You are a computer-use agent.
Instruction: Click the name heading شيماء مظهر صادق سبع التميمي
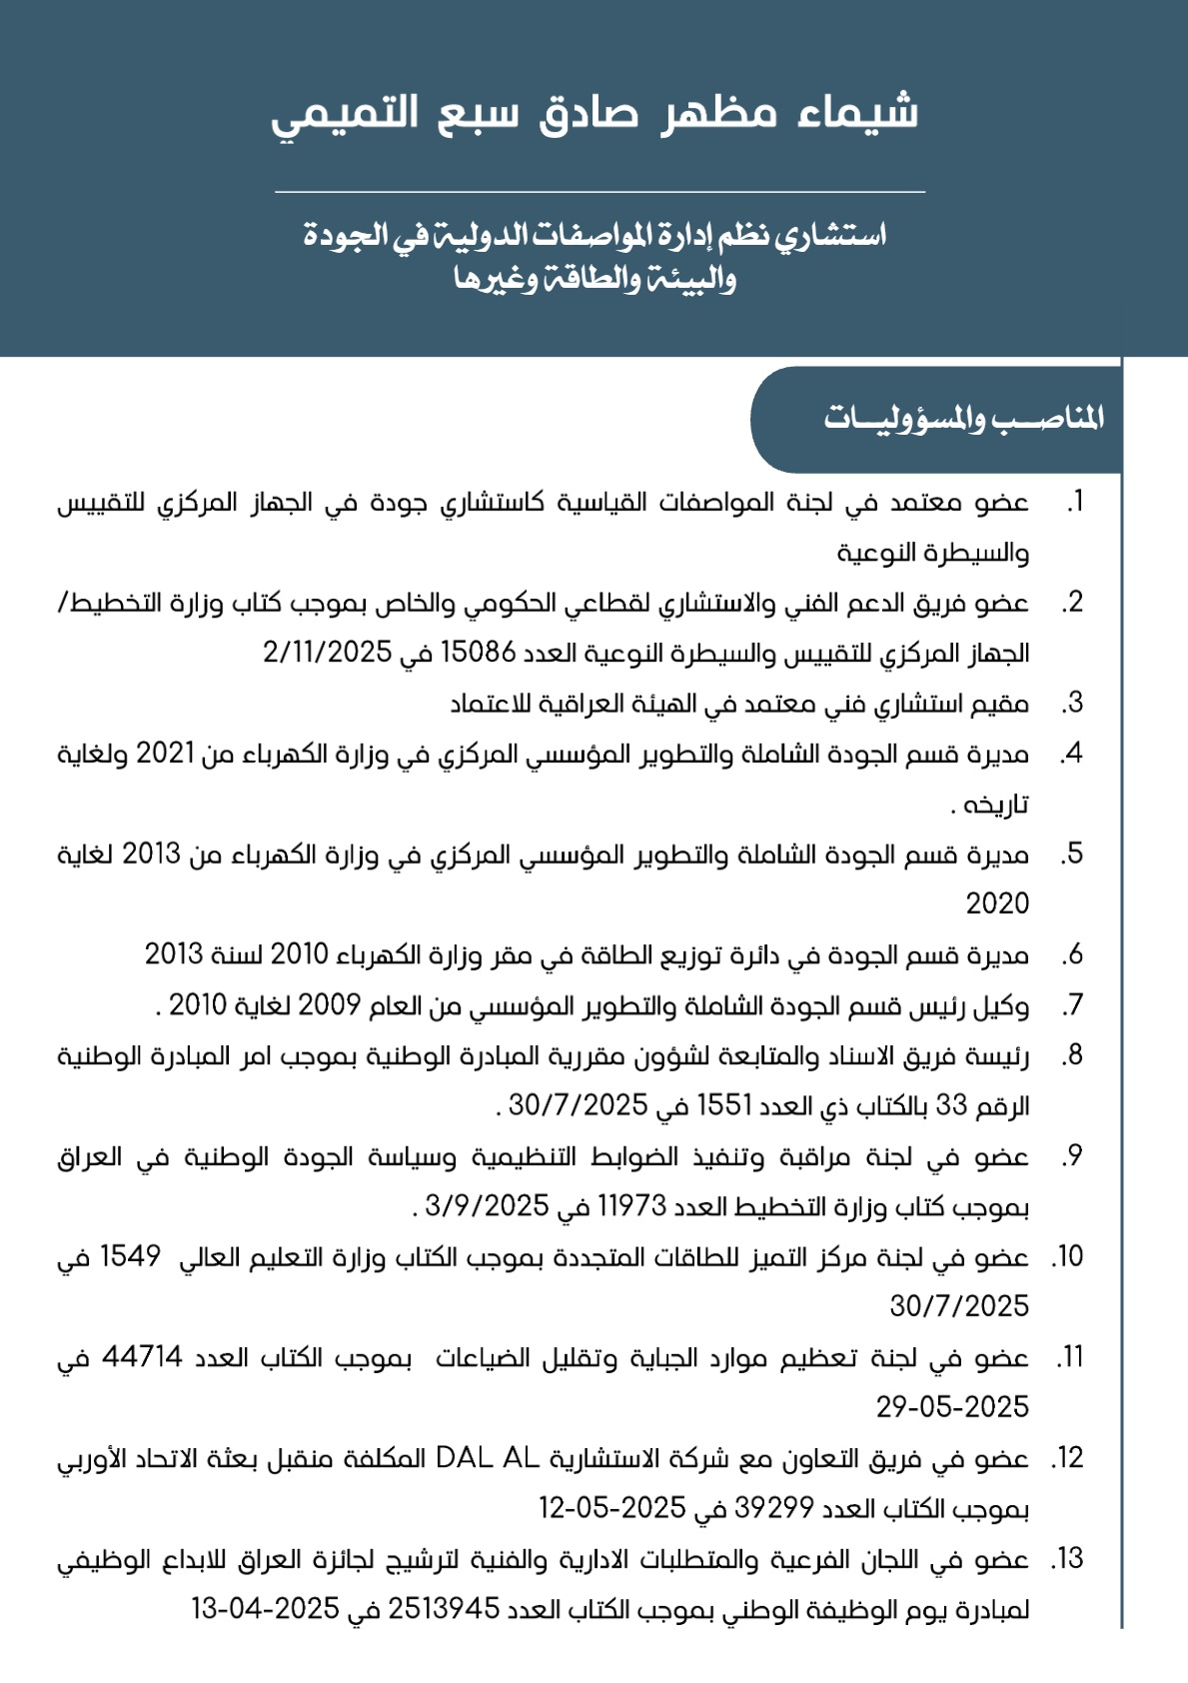[594, 112]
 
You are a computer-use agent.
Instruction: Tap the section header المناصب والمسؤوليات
[963, 418]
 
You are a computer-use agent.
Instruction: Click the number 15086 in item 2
[479, 653]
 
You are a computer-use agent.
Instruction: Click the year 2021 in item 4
[165, 753]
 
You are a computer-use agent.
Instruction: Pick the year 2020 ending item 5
[997, 903]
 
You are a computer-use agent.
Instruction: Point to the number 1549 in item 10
[130, 1256]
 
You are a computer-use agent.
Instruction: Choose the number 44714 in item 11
[142, 1357]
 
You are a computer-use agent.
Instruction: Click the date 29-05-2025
[952, 1407]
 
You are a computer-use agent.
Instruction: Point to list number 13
[1068, 1559]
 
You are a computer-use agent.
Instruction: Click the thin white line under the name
[599, 191]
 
